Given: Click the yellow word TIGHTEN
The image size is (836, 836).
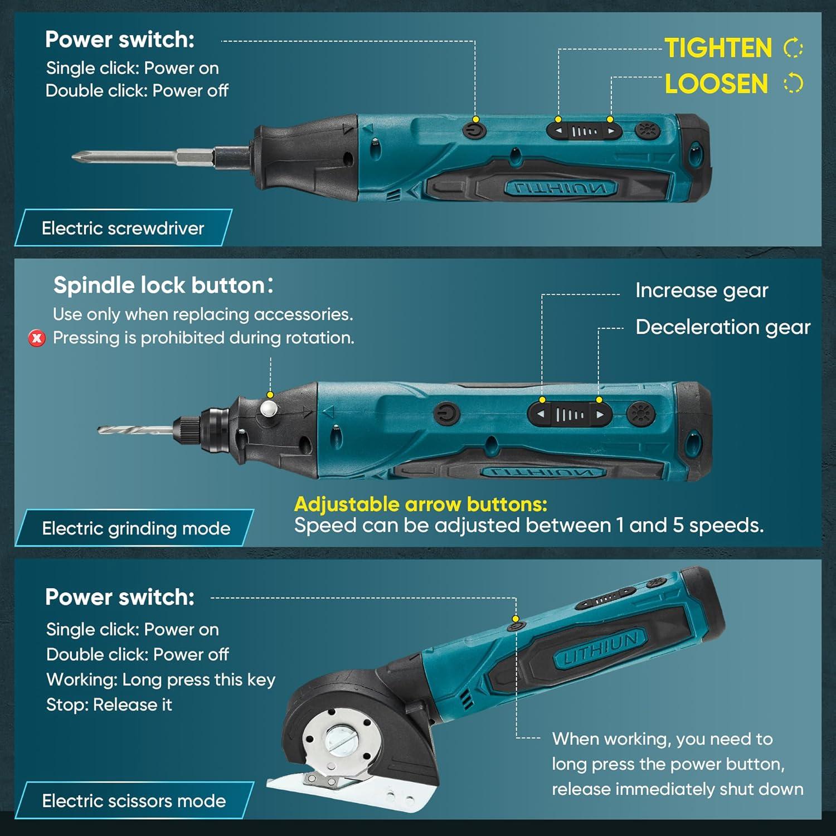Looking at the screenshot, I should [718, 48].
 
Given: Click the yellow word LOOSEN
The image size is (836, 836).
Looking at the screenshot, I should [716, 84].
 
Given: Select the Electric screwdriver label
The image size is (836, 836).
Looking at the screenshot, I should [123, 228].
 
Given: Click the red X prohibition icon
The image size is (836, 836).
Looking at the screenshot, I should [37, 338].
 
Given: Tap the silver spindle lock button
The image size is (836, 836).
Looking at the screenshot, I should [269, 409].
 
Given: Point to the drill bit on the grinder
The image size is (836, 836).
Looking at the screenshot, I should [134, 430].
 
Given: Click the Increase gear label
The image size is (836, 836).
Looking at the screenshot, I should [701, 290].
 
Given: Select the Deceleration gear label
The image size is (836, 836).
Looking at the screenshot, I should [722, 327].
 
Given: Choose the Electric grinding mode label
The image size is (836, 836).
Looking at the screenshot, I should [135, 528].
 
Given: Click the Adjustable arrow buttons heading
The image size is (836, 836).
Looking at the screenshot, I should [420, 504].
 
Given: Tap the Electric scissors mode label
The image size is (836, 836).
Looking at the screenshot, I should [134, 801].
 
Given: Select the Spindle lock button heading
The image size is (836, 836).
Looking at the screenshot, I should [159, 285].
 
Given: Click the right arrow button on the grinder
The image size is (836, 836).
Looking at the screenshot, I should [600, 415].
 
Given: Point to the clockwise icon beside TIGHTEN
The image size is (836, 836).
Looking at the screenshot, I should [793, 48].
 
